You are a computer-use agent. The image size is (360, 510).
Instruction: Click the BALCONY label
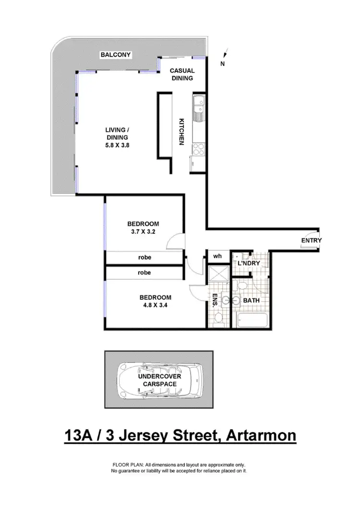pyautogui.click(x=115, y=55)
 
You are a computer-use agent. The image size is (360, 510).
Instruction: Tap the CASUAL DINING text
pyautogui.click(x=182, y=74)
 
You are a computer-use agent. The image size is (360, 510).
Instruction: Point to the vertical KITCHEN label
pyautogui.click(x=182, y=132)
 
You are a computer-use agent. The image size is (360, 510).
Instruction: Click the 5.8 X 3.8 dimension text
pyautogui.click(x=117, y=145)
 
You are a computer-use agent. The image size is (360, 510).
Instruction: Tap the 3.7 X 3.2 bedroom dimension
pyautogui.click(x=143, y=231)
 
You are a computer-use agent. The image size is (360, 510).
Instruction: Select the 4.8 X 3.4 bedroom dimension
pyautogui.click(x=155, y=304)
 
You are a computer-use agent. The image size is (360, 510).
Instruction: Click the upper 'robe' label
pyautogui.click(x=144, y=257)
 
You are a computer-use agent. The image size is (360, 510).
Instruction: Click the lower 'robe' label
pyautogui.click(x=144, y=272)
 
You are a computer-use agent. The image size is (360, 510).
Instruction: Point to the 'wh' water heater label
pyautogui.click(x=217, y=256)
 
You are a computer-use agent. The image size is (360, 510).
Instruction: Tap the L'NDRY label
pyautogui.click(x=249, y=264)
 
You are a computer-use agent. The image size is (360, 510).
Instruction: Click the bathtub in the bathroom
pyautogui.click(x=252, y=319)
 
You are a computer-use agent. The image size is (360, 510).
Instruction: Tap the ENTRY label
pyautogui.click(x=312, y=241)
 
